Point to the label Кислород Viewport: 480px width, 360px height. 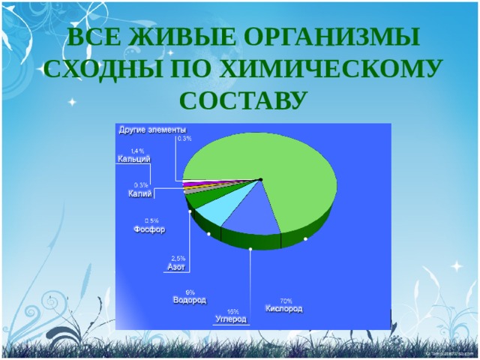pyautogui.click(x=285, y=308)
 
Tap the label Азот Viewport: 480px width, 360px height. pyautogui.click(x=175, y=266)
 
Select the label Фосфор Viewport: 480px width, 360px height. pyautogui.click(x=149, y=229)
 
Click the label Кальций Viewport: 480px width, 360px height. pyautogui.click(x=133, y=159)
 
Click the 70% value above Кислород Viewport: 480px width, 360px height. pyautogui.click(x=286, y=300)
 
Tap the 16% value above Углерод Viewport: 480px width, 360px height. pyautogui.click(x=233, y=310)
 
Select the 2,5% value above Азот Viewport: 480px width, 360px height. pyautogui.click(x=178, y=258)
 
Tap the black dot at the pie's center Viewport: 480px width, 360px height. pyautogui.click(x=259, y=178)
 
